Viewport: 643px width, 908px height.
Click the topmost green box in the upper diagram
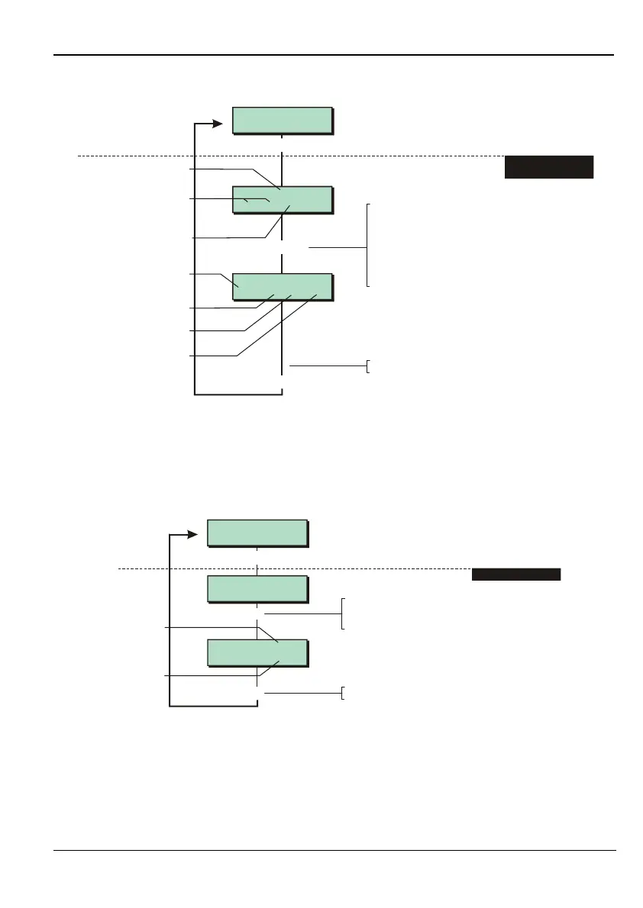tap(283, 121)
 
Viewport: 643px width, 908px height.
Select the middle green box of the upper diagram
tap(283, 199)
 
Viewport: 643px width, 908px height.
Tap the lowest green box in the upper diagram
tap(283, 286)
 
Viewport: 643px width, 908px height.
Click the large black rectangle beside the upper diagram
tap(548, 166)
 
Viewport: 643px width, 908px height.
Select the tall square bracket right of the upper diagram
tap(368, 244)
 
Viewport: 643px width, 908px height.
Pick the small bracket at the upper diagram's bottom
tap(369, 366)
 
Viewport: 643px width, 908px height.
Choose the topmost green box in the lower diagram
tap(257, 533)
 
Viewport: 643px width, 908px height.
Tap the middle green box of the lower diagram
tap(257, 589)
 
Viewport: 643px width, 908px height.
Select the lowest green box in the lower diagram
tap(257, 653)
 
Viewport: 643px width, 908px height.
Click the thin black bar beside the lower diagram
tap(516, 575)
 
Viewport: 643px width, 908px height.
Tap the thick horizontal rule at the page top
tap(334, 55)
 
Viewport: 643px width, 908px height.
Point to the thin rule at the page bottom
tap(334, 850)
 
